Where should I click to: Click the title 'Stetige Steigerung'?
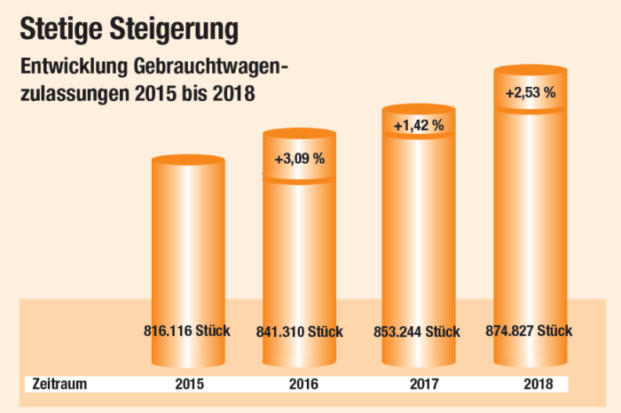(130, 27)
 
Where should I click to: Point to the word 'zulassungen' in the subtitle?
(71, 93)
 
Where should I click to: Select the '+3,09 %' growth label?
(299, 160)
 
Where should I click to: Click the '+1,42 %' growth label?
(418, 126)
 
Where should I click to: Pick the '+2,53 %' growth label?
(530, 91)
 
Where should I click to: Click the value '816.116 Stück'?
(186, 331)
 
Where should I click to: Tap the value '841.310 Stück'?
(299, 332)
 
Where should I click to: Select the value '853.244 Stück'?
(417, 332)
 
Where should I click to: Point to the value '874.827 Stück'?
(530, 331)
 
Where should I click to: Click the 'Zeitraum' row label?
(59, 385)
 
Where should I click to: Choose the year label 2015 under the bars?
(189, 385)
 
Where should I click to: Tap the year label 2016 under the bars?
(303, 385)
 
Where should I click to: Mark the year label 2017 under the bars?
(420, 385)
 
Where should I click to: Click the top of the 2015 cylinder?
(190, 161)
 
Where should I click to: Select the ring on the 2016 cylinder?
(299, 178)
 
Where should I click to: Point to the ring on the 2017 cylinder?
(418, 135)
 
